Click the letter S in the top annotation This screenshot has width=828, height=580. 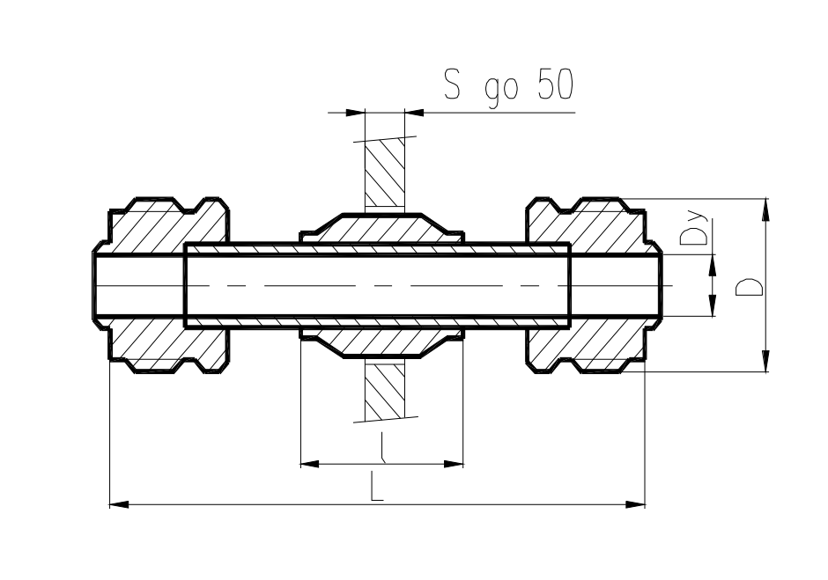tap(452, 84)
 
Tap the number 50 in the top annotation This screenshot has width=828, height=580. tap(556, 84)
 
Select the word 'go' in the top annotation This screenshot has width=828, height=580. tap(502, 91)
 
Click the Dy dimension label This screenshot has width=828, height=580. tap(693, 229)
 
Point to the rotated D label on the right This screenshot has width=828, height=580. tap(749, 287)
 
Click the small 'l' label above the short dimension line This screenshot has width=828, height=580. tap(382, 447)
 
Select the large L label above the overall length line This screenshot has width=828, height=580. tap(375, 486)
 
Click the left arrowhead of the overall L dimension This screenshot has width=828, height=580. tap(119, 504)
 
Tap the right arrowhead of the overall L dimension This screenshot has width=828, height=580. tap(635, 504)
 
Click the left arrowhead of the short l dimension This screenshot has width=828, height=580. tap(310, 465)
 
